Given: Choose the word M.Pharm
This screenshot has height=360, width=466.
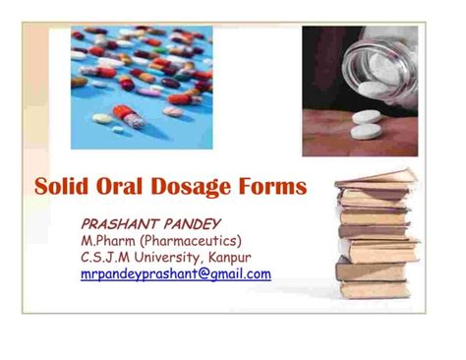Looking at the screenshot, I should click(x=107, y=241).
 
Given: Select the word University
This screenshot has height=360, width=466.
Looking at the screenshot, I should click(x=175, y=258).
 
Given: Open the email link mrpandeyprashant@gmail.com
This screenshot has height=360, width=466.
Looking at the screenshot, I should click(x=176, y=274).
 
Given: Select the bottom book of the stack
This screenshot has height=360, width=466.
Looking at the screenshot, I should click(x=376, y=289).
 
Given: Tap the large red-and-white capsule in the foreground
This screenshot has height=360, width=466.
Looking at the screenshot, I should click(x=129, y=117).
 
